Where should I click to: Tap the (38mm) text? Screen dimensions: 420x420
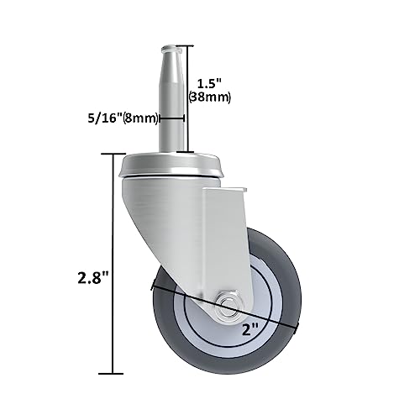pyautogui.click(x=213, y=97)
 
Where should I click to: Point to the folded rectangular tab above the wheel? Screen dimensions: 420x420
pyautogui.click(x=224, y=210)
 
